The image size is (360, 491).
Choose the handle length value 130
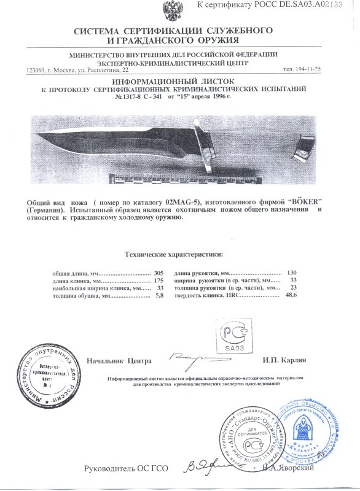(292, 272)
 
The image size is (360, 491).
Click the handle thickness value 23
(294, 288)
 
